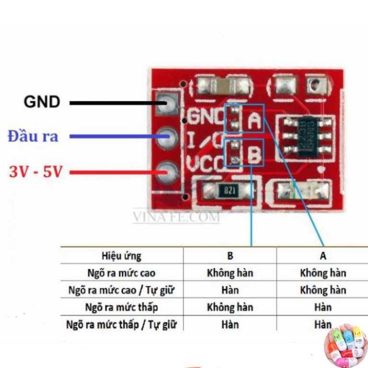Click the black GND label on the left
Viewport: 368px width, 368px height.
(42, 102)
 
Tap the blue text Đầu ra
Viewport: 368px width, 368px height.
(33, 136)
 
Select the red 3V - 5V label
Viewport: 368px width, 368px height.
(36, 171)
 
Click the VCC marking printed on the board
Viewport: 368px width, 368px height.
(205, 163)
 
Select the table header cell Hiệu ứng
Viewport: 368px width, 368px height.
(121, 256)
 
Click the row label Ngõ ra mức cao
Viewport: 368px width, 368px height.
(121, 273)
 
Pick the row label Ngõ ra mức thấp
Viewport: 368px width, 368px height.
(121, 307)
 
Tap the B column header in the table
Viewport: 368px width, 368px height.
(230, 256)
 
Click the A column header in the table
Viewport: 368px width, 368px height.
(323, 256)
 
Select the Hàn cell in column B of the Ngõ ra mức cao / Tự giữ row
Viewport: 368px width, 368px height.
(230, 290)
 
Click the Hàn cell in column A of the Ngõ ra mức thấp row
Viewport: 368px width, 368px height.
(323, 307)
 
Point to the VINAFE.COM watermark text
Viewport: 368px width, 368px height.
(176, 217)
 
